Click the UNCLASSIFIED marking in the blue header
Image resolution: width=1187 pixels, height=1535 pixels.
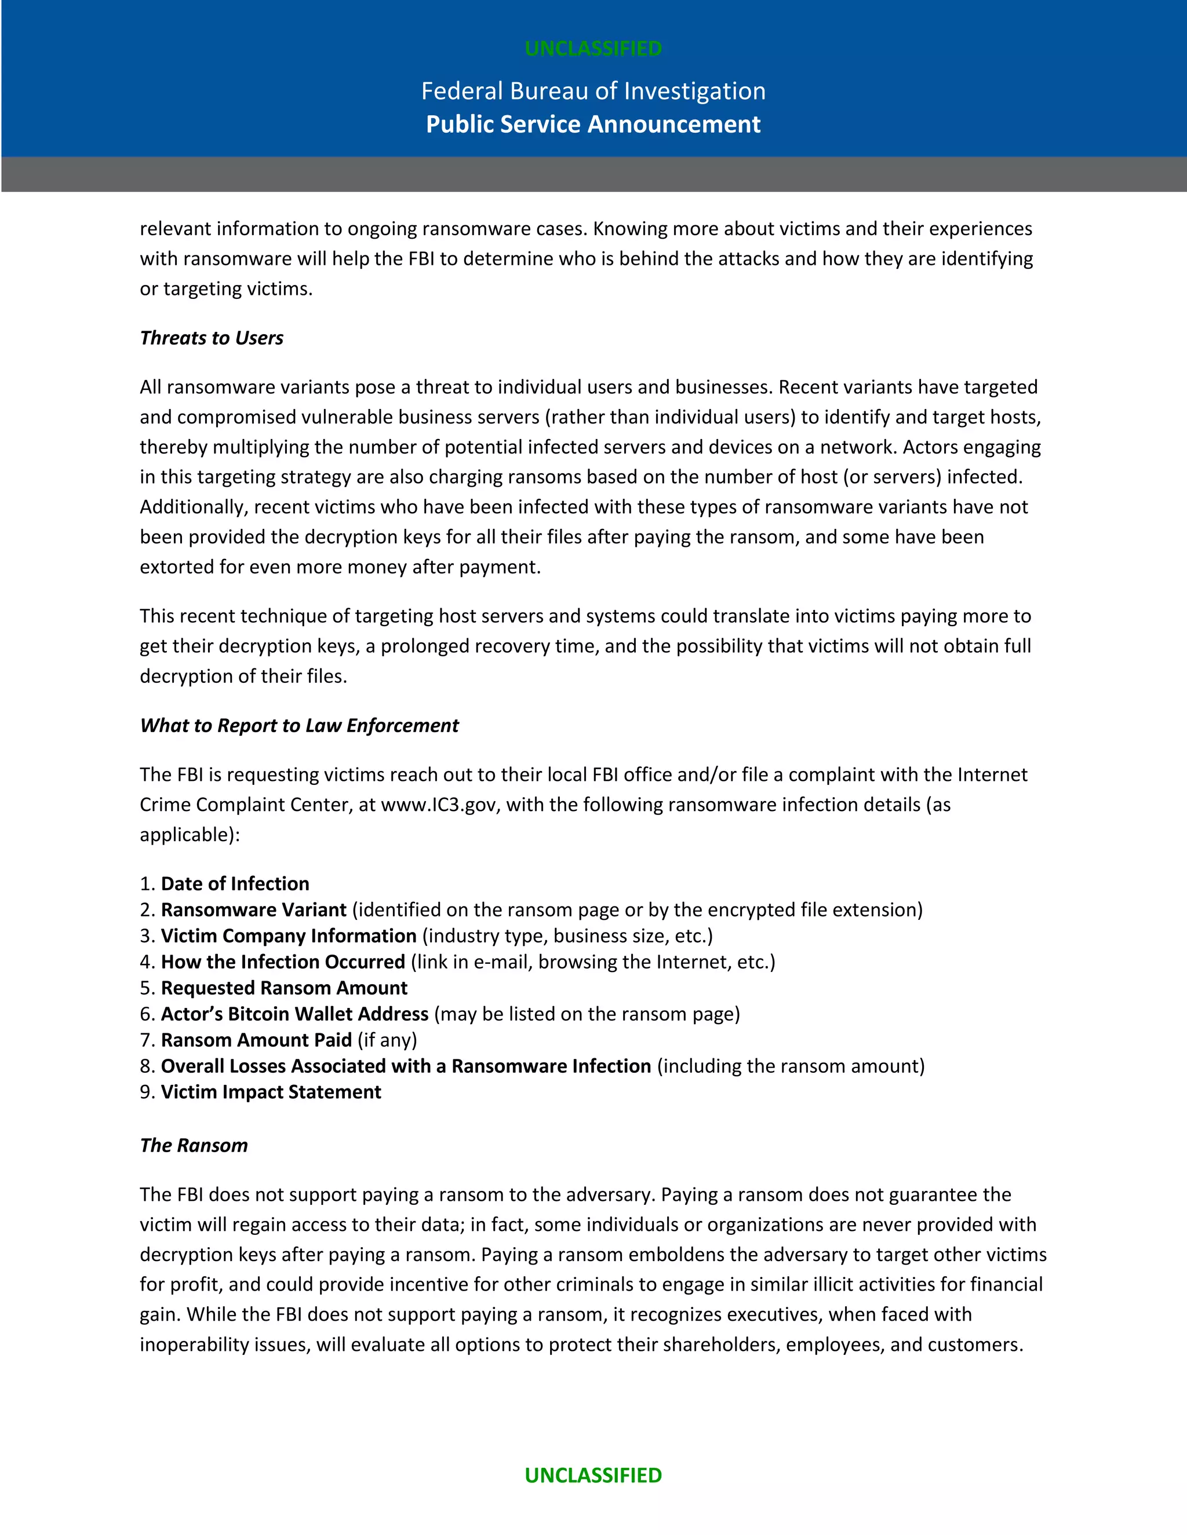point(593,49)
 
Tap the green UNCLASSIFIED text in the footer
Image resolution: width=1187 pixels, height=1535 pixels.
point(593,1475)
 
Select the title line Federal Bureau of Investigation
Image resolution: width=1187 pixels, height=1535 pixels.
point(593,91)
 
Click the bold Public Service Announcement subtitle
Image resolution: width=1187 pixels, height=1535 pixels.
point(593,125)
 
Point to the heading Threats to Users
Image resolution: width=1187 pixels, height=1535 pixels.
point(211,338)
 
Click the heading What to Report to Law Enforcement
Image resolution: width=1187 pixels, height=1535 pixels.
point(299,725)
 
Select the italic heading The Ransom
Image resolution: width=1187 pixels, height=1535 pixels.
point(194,1145)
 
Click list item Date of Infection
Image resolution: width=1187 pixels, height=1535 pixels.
point(235,883)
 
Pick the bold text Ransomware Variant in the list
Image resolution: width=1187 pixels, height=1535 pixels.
point(253,909)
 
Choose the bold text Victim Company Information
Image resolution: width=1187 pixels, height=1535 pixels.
point(288,935)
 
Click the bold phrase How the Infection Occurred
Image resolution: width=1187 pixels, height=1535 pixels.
point(283,962)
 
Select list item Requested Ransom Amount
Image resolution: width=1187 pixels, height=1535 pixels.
point(284,988)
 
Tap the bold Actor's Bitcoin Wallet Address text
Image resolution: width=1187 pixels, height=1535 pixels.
point(294,1014)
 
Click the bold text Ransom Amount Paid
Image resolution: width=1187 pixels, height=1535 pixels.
point(256,1040)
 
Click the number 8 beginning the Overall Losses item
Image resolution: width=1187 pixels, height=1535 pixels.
point(145,1066)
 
